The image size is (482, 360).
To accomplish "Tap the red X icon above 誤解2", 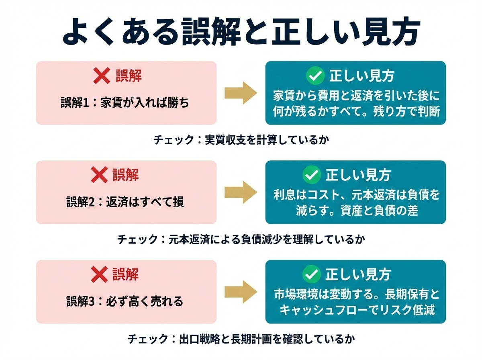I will (99, 175).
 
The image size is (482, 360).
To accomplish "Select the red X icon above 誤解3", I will (99, 275).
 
